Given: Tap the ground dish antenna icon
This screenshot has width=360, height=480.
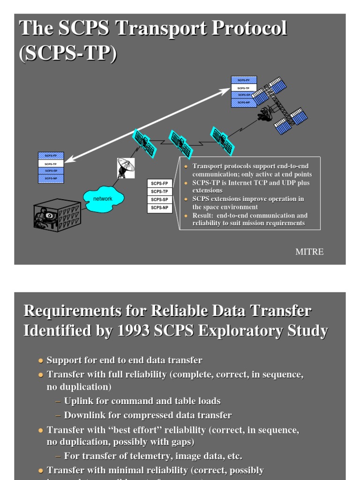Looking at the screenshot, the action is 125,167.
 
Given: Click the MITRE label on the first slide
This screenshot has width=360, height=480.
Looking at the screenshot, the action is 309,252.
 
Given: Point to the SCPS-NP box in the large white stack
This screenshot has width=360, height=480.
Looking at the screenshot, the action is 160,208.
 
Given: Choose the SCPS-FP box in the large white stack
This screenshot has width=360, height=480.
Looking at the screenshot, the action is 160,183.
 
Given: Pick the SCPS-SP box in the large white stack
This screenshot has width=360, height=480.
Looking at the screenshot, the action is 160,200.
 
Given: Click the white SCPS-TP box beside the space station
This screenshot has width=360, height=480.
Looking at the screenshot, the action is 244,88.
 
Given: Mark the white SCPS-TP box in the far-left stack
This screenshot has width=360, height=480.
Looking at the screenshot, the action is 51,164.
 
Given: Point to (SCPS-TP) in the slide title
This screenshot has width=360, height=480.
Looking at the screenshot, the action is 68,53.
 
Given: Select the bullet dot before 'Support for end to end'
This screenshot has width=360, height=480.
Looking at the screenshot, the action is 40,360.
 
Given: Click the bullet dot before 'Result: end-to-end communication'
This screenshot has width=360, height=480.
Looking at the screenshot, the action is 186,216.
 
